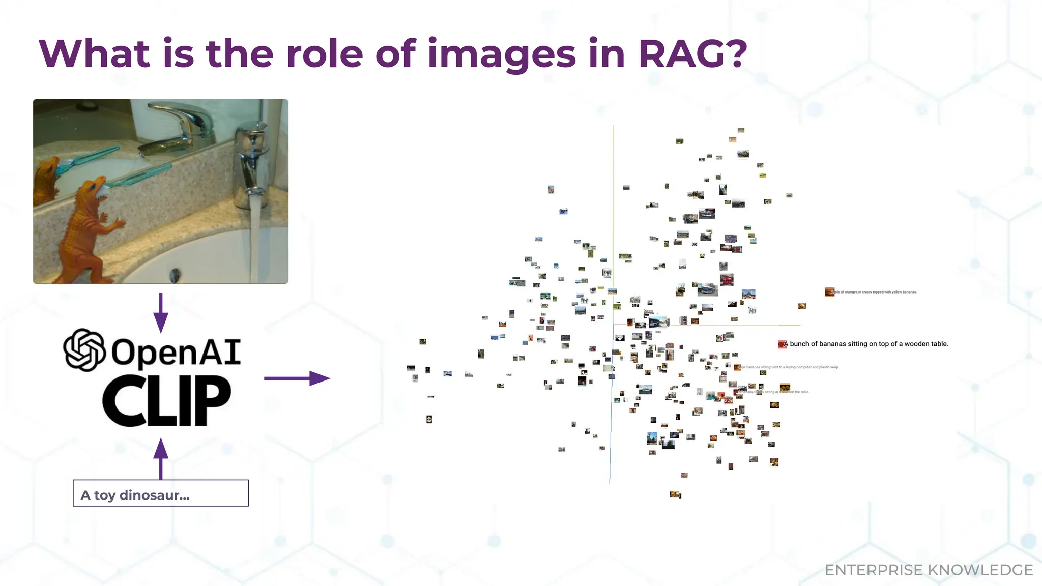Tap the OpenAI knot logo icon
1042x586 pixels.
(84, 350)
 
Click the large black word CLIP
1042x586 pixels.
(166, 401)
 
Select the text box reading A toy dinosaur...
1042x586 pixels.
(161, 493)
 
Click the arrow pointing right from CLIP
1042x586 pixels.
(297, 378)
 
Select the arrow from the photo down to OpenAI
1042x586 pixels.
(161, 313)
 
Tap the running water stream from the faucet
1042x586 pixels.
(254, 234)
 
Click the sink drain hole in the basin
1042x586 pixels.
(175, 275)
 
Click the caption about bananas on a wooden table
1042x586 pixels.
(868, 344)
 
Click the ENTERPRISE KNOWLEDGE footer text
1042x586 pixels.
(928, 570)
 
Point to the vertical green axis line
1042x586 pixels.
(613, 203)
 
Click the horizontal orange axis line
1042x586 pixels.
(738, 325)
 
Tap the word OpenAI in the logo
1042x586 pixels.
(176, 353)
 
